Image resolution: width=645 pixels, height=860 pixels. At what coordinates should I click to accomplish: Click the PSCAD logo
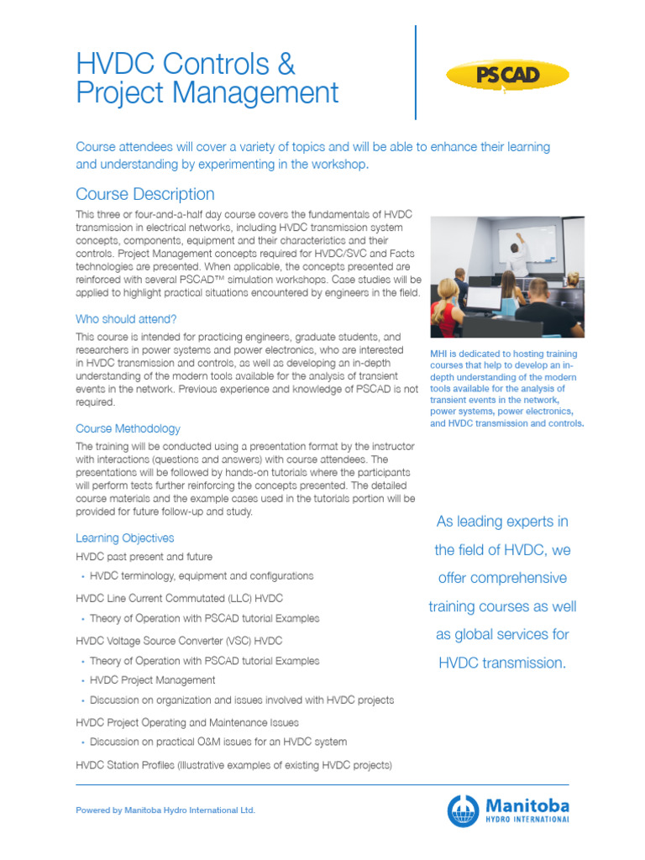tap(506, 76)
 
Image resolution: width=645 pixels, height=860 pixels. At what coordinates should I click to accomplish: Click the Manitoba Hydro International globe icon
tap(463, 811)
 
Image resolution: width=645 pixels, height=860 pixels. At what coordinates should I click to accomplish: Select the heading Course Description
tap(144, 194)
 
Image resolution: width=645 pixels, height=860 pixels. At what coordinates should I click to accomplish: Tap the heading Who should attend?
tap(126, 319)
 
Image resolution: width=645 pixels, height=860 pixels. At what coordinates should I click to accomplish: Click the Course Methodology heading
tap(128, 428)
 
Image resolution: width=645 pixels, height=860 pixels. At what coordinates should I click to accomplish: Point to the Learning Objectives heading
tap(125, 537)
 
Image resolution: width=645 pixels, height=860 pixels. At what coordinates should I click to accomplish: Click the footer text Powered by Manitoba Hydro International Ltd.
tap(165, 810)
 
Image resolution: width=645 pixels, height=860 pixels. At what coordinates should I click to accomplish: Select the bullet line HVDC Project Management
tap(152, 680)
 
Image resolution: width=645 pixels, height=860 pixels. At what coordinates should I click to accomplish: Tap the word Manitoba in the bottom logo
tap(525, 804)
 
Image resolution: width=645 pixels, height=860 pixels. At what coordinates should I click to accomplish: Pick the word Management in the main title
tap(255, 92)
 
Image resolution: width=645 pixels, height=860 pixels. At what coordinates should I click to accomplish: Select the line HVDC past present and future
tap(144, 556)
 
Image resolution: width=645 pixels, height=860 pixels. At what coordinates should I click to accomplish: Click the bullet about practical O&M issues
tap(218, 742)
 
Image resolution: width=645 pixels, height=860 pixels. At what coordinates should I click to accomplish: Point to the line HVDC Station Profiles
tap(233, 765)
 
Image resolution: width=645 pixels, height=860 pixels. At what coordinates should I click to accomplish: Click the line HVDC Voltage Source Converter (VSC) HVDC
tap(179, 640)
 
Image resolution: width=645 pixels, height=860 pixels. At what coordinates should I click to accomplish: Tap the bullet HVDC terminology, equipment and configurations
tap(201, 576)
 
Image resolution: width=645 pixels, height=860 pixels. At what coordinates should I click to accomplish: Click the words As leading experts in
tap(502, 522)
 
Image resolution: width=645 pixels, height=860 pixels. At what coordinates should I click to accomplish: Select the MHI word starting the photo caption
tap(440, 354)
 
